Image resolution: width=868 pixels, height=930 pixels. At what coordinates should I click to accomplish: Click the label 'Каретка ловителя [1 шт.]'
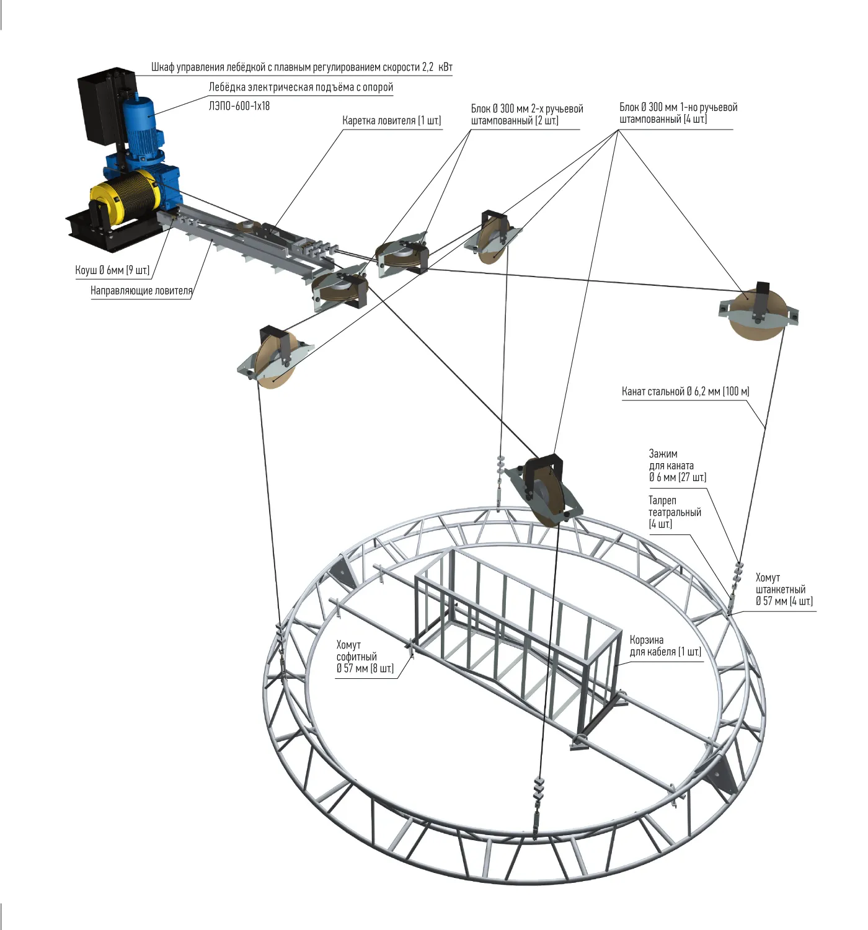pyautogui.click(x=391, y=120)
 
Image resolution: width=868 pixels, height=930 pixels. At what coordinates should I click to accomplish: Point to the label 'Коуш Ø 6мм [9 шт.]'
pyautogui.click(x=112, y=270)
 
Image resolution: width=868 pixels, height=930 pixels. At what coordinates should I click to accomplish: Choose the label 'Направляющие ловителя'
pyautogui.click(x=141, y=290)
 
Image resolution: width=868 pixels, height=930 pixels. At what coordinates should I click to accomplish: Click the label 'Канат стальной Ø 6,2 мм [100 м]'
pyautogui.click(x=685, y=391)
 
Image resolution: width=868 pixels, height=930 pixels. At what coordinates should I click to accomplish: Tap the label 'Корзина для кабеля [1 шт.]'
pyautogui.click(x=665, y=645)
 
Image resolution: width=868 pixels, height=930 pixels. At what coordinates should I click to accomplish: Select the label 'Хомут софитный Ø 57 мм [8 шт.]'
pyautogui.click(x=365, y=657)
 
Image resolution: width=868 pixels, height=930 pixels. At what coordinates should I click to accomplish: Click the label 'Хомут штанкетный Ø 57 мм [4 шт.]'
pyautogui.click(x=784, y=589)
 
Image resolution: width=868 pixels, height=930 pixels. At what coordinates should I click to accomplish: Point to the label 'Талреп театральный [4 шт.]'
pyautogui.click(x=675, y=512)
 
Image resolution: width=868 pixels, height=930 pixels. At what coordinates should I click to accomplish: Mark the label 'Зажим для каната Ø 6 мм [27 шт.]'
pyautogui.click(x=677, y=466)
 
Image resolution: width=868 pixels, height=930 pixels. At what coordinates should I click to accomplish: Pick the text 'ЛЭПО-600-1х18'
pyautogui.click(x=239, y=106)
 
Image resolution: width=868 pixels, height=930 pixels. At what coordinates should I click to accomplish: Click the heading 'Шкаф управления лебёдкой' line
pyautogui.click(x=301, y=67)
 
